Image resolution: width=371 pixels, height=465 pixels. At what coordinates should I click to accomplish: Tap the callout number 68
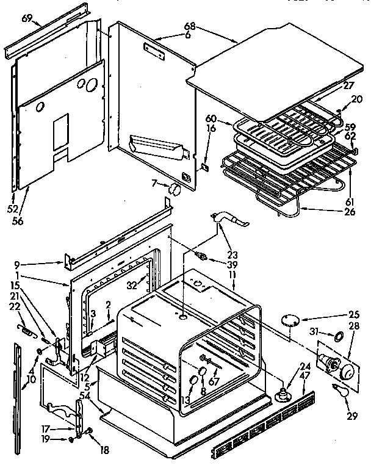191,26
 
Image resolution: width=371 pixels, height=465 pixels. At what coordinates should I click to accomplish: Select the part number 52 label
13,192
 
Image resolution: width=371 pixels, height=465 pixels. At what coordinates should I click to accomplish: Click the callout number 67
213,382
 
